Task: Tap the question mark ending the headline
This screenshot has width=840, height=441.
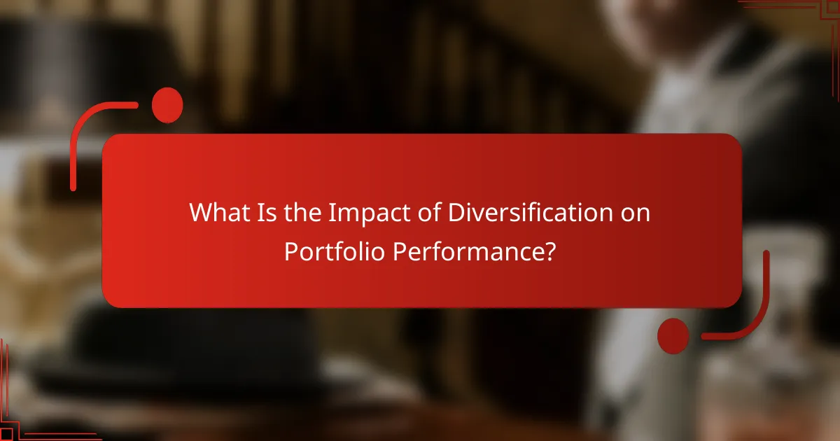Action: [x=551, y=251]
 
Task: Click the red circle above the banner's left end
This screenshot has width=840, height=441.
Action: [x=167, y=106]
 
